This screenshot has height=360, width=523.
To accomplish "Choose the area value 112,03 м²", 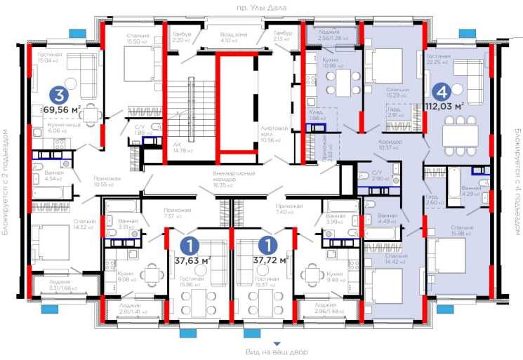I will (445, 107).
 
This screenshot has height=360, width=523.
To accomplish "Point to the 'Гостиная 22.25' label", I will (438, 59).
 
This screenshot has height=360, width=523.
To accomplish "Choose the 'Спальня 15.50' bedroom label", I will (138, 39).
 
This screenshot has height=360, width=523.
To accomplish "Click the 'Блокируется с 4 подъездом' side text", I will (515, 181).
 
